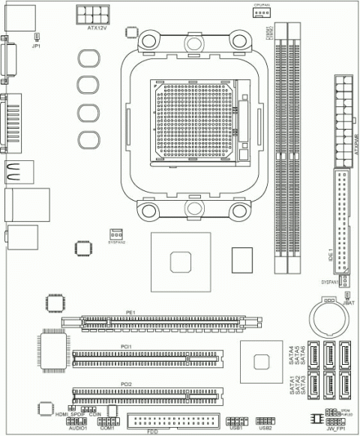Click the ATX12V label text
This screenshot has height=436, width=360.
(98, 28)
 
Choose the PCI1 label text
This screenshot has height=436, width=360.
(126, 346)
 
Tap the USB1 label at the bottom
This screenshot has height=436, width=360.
(237, 428)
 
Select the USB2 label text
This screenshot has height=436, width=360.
(265, 428)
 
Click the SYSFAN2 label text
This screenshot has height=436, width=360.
(116, 242)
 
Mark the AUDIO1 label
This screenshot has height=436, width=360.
(78, 428)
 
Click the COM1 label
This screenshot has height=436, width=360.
(106, 428)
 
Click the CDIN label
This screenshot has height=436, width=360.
(95, 414)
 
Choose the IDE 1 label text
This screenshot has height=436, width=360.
(331, 258)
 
